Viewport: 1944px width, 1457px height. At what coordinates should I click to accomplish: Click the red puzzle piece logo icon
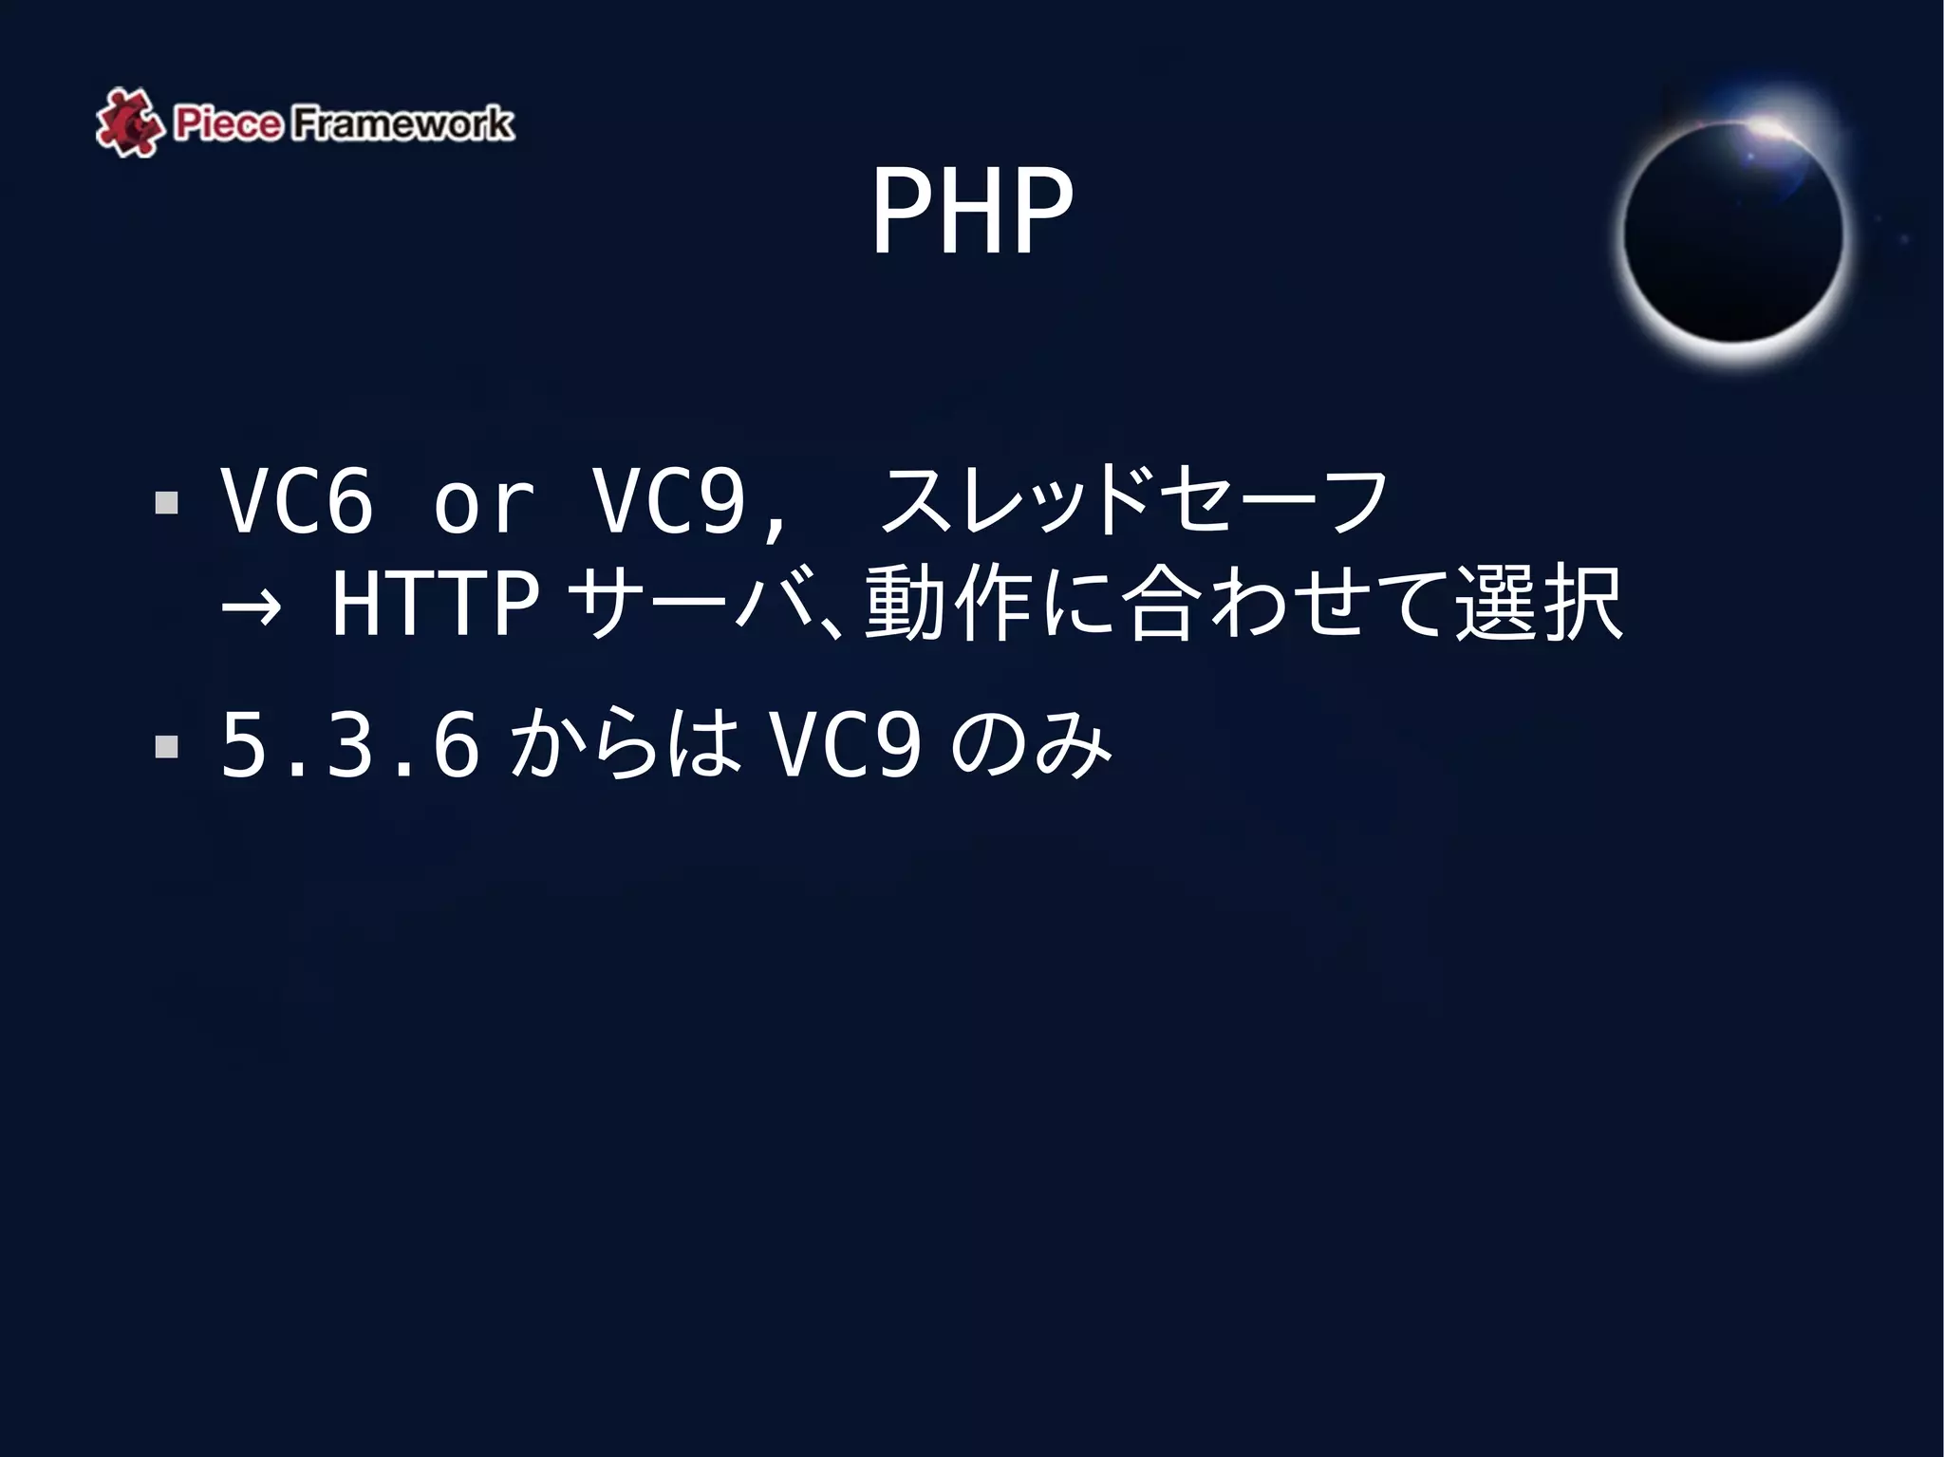click(x=127, y=123)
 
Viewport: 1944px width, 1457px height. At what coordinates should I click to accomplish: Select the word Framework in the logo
click(x=402, y=124)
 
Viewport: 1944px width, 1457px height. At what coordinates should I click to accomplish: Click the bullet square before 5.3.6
click(x=167, y=746)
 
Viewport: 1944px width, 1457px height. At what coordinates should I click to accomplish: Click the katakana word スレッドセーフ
click(x=1134, y=501)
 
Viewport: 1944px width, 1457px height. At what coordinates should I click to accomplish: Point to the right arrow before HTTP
click(x=251, y=606)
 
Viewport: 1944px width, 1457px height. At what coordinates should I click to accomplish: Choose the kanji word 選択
click(x=1539, y=604)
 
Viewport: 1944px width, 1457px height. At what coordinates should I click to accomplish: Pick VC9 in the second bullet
click(x=845, y=746)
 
